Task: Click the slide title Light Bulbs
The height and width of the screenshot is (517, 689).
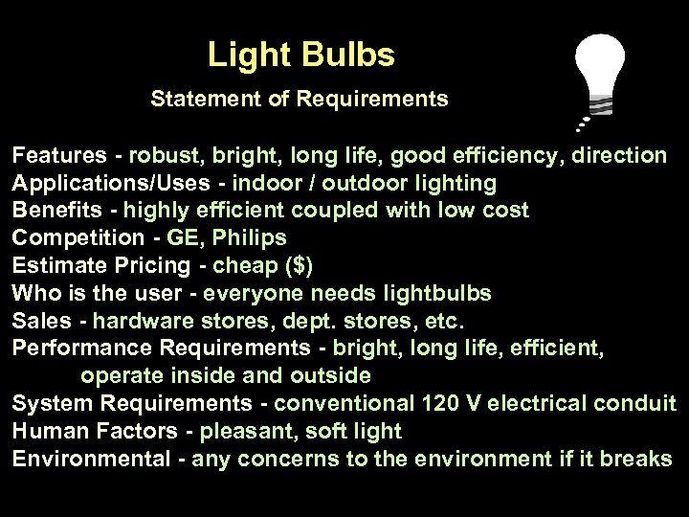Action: (300, 56)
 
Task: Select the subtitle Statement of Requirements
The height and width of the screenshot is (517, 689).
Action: (299, 99)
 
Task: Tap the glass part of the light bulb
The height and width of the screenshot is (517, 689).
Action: (599, 59)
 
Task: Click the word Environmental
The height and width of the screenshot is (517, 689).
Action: (89, 460)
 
